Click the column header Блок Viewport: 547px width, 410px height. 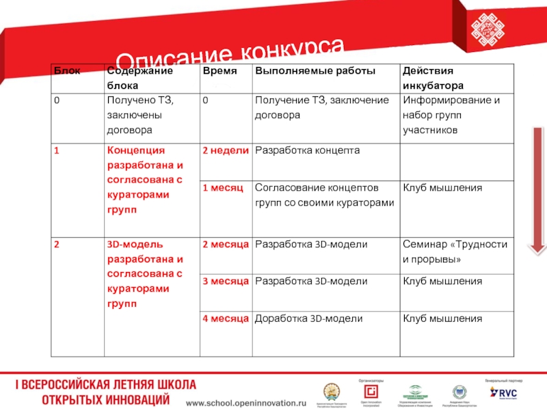tap(67, 71)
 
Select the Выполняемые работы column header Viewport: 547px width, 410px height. tap(308, 71)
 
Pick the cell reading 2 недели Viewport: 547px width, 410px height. tap(224, 150)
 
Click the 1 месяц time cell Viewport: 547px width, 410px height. tap(222, 188)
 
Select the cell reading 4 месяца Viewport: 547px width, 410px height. tap(226, 318)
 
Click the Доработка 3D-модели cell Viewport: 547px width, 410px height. tap(308, 318)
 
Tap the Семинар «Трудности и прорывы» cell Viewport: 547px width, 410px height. tap(455, 252)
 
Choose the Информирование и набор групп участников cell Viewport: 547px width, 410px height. tap(451, 115)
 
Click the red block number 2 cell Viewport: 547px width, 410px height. tap(58, 244)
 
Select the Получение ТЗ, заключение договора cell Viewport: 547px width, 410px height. tap(321, 108)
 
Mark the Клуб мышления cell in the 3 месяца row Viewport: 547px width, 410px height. tap(442, 281)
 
